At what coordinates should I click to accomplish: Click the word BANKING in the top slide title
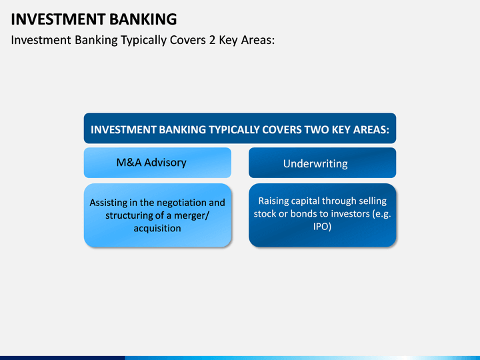point(143,19)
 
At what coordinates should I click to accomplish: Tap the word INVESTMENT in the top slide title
point(58,19)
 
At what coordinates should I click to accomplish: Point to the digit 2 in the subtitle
point(212,40)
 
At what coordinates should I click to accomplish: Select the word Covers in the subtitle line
point(187,40)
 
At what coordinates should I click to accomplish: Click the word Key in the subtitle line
point(228,41)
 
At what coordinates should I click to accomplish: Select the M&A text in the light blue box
point(129,163)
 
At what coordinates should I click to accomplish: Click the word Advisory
point(165,163)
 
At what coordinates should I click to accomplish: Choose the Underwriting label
point(315,164)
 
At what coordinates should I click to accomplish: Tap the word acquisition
point(157,229)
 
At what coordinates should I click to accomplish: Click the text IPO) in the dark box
point(323,227)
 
